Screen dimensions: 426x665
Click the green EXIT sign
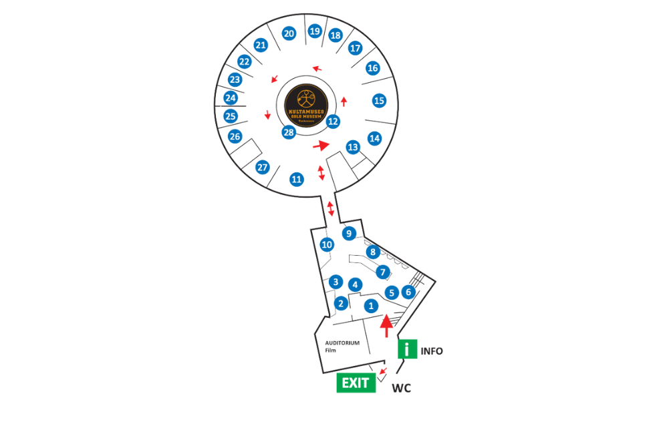[x=356, y=383]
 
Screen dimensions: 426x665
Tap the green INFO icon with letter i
[x=408, y=349]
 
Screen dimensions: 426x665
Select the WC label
[x=401, y=388]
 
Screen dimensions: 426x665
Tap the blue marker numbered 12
[x=333, y=122]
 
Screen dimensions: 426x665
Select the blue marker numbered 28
[x=289, y=132]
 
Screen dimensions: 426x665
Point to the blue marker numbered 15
[x=380, y=101]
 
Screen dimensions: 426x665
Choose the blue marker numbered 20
[x=289, y=33]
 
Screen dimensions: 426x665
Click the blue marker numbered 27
[x=263, y=167]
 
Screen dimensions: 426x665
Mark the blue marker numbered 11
[x=297, y=179]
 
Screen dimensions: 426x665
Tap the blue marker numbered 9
[x=348, y=233]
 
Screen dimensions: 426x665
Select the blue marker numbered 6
[x=408, y=291]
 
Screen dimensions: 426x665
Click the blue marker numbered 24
[x=231, y=98]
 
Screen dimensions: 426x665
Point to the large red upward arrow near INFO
[x=386, y=325]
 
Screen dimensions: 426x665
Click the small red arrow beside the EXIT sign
[x=383, y=371]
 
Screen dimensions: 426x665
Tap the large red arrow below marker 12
[x=321, y=145]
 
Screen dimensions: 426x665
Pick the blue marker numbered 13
[x=354, y=147]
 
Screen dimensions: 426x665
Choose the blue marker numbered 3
[x=336, y=282]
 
